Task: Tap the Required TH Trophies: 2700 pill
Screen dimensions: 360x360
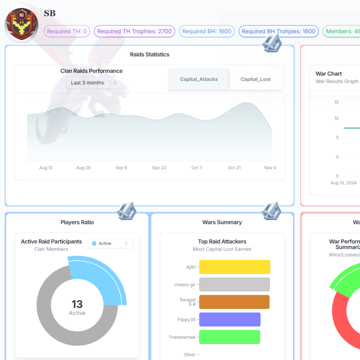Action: [x=134, y=31]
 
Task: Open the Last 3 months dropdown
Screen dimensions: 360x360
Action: [x=94, y=83]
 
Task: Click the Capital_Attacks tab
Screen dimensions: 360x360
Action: [x=199, y=79]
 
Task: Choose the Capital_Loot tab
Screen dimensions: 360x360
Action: [x=256, y=79]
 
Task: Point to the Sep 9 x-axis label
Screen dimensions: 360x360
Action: [x=121, y=168]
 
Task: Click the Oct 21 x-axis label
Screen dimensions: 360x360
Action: [x=234, y=168]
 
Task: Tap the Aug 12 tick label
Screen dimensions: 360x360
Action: [x=46, y=168]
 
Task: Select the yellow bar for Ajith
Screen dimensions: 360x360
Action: [x=235, y=267]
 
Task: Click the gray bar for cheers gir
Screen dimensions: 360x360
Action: [x=235, y=285]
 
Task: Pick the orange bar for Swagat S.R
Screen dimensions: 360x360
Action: [x=234, y=302]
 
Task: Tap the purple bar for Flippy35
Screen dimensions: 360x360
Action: [x=230, y=319]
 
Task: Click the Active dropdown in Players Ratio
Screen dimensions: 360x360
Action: [x=111, y=244]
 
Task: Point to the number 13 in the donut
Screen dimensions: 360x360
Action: [x=77, y=304]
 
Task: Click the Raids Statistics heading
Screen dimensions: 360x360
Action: [x=150, y=55]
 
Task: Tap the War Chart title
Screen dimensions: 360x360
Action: [x=329, y=74]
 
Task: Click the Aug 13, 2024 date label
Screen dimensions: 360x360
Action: [x=343, y=183]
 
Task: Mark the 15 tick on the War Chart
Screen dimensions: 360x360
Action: [x=336, y=102]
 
